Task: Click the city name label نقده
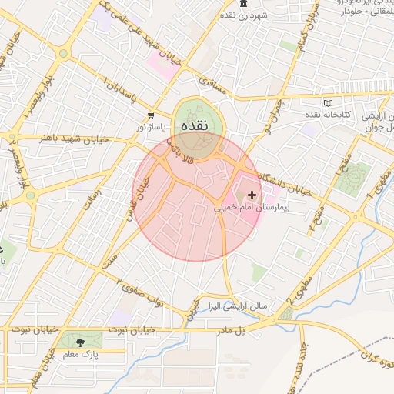click(x=193, y=125)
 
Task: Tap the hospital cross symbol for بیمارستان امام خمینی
click(x=252, y=195)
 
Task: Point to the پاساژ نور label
click(x=152, y=125)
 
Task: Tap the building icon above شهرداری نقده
click(x=243, y=5)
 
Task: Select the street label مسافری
click(x=214, y=87)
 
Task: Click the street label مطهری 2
click(x=301, y=287)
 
